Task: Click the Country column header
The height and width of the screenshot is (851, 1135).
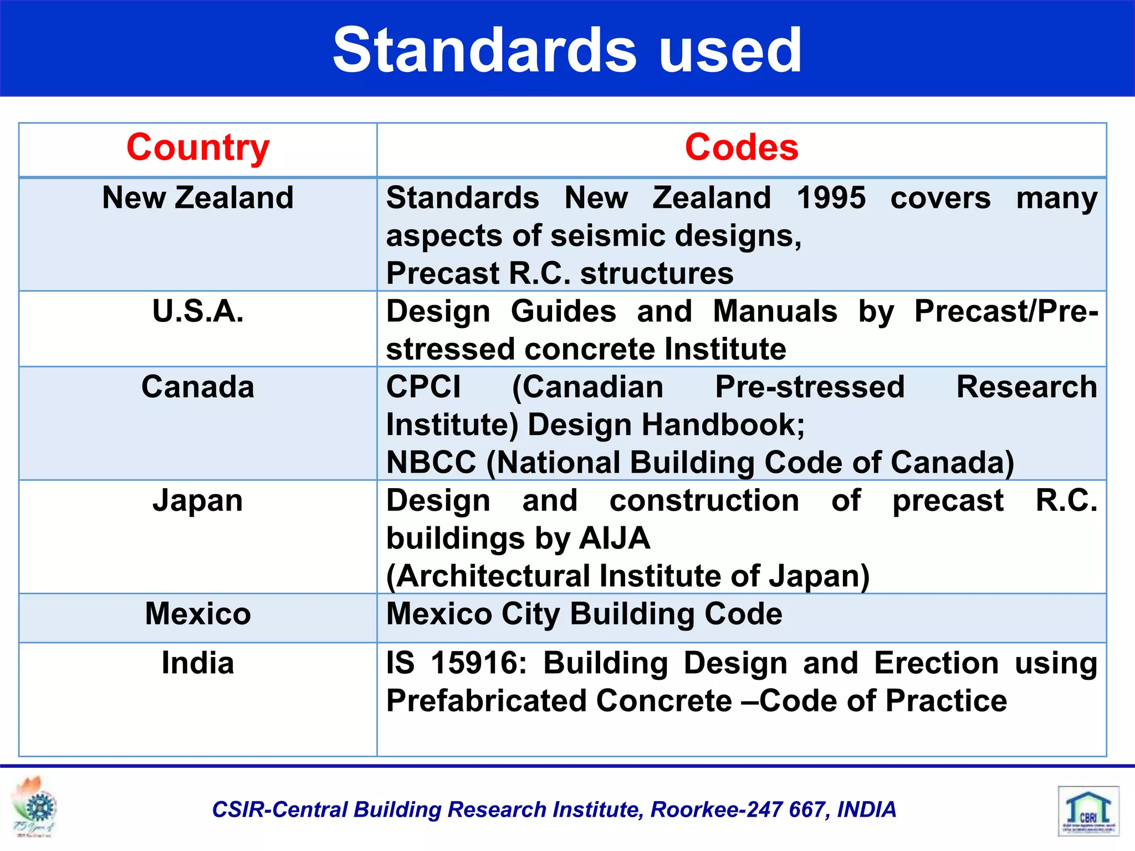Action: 198,148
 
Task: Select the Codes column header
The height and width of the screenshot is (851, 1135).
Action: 742,148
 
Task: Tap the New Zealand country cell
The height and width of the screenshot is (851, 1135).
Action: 198,198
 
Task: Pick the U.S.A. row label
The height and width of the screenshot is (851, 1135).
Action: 198,311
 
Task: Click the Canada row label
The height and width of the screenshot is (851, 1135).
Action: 198,387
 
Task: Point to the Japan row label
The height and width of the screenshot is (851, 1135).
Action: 198,501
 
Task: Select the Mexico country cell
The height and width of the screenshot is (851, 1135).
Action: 198,614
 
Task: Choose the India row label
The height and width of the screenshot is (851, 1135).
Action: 198,663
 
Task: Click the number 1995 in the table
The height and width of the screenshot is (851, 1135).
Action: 831,198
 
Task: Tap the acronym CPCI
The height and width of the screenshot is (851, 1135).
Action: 423,387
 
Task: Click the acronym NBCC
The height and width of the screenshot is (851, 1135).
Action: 431,462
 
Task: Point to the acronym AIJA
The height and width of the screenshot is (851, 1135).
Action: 615,538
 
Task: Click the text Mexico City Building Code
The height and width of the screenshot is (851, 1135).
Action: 584,614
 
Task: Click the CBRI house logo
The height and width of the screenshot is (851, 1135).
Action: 1088,811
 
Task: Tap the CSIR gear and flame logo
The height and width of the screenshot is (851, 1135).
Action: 35,806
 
